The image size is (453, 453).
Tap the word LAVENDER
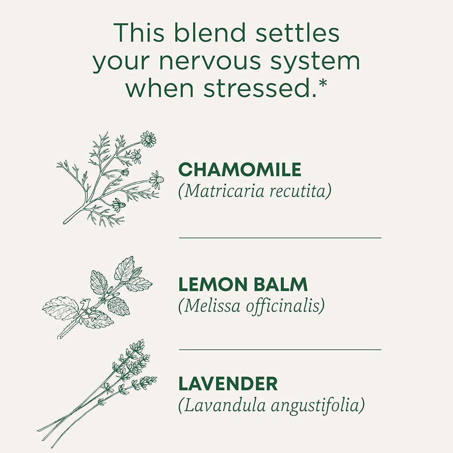point(228,384)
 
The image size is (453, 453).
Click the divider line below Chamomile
point(280,238)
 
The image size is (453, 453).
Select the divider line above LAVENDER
point(280,350)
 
